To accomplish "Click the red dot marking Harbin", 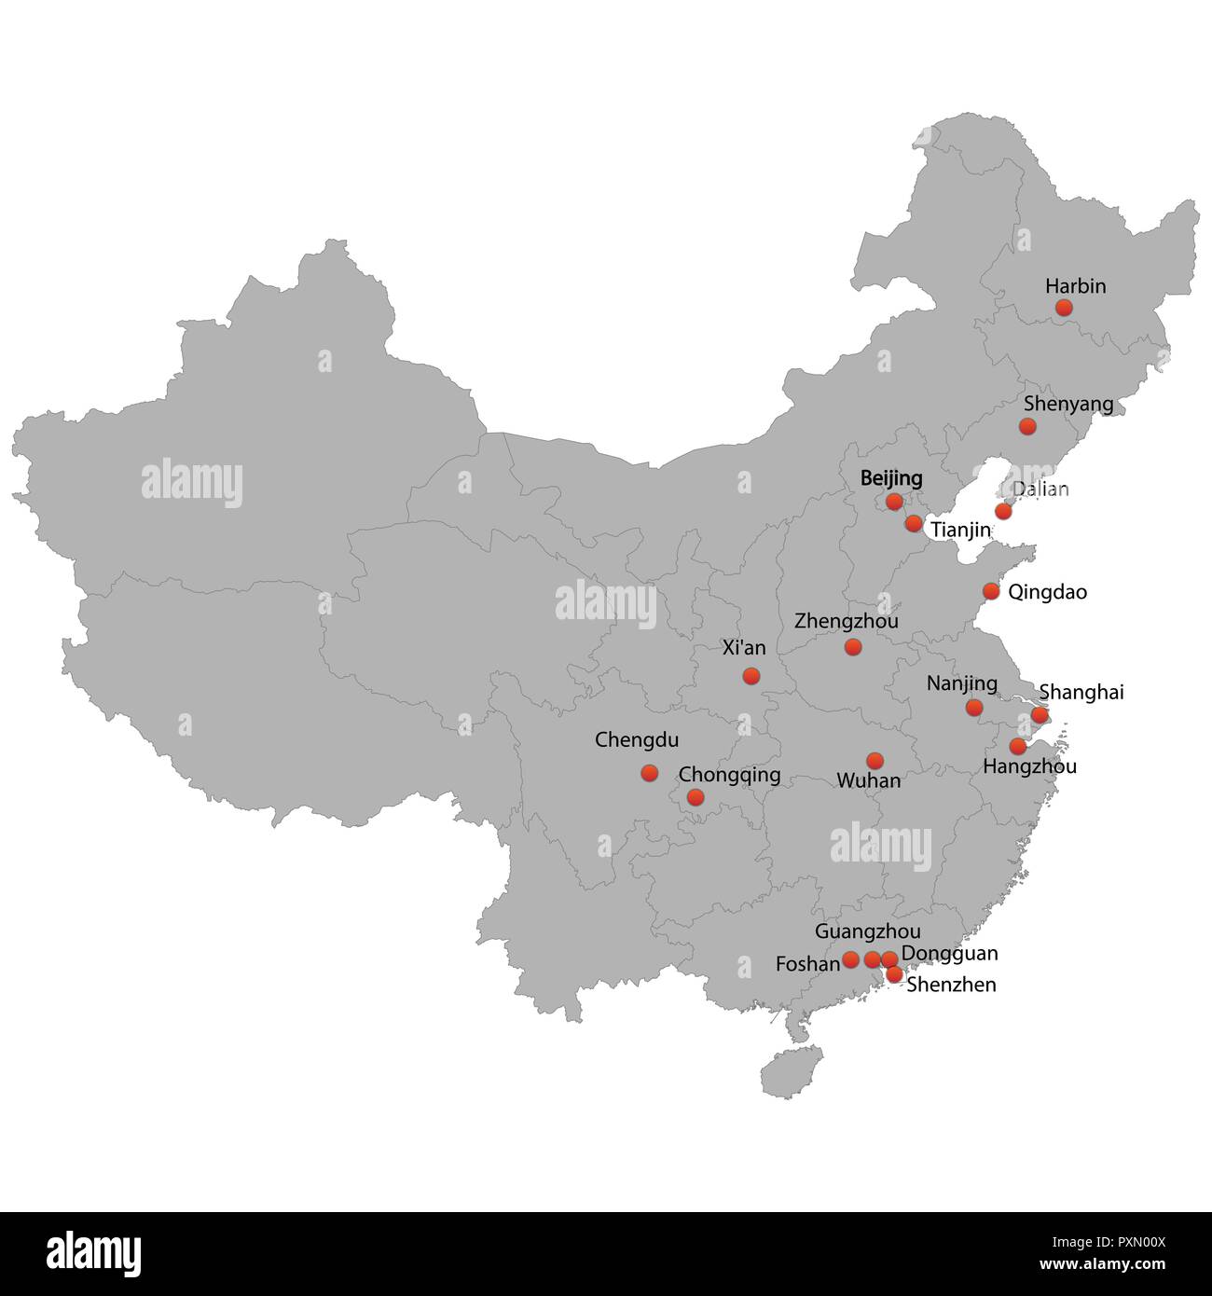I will pos(1064,308).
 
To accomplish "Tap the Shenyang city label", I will pos(1067,404).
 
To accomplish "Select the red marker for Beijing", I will pos(894,502).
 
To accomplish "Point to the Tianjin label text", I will pos(960,530).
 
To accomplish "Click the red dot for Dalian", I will pos(1002,511).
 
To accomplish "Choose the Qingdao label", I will pos(1047,592).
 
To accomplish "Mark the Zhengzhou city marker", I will pos(852,647).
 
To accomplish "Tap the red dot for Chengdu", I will pos(649,773).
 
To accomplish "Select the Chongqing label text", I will pos(729,775).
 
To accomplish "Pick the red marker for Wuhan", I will pos(875,761).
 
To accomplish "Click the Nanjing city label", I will pos(961,683).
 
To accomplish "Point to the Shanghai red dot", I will pos(1039,715).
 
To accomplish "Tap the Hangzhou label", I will pos(1029,766).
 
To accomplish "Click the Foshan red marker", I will pos(850,958).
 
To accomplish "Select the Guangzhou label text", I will pos(867,931).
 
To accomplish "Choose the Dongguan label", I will pos(949,953).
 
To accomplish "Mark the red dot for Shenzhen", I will pos(893,975).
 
